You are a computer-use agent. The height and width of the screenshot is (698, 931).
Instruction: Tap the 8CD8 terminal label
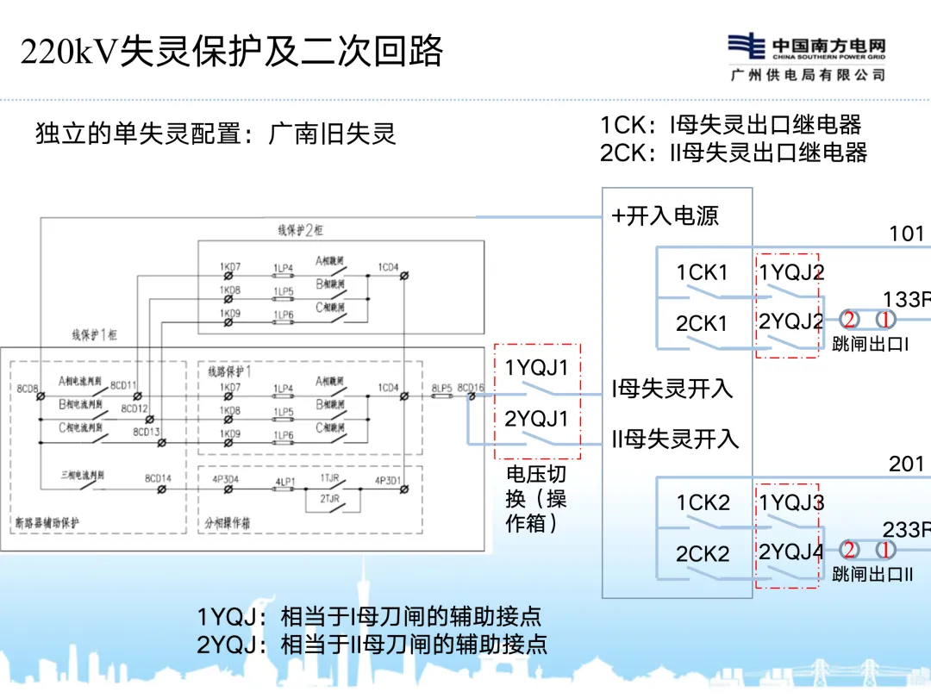[x=26, y=388]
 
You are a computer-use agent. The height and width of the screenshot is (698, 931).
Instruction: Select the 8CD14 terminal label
[x=158, y=477]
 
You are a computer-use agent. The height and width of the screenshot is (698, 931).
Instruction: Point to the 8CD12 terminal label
[x=134, y=408]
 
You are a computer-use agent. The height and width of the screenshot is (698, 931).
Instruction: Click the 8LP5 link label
[x=442, y=388]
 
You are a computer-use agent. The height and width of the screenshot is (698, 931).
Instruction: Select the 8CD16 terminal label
[x=472, y=388]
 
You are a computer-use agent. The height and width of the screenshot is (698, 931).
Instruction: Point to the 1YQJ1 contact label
[x=537, y=368]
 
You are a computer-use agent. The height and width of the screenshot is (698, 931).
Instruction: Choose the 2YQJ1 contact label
[x=537, y=419]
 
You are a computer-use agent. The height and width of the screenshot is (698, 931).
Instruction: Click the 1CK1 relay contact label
[x=702, y=273]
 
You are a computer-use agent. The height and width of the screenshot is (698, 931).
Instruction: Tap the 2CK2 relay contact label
[x=702, y=554]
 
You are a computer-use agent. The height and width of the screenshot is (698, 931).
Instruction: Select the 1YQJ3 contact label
[x=791, y=503]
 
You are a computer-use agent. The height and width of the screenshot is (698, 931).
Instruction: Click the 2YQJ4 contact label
[x=791, y=552]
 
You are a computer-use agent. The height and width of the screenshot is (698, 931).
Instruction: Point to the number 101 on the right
[x=907, y=234]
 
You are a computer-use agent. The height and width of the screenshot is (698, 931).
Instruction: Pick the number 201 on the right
[x=907, y=464]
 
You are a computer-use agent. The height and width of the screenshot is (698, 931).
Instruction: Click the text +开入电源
[x=665, y=215]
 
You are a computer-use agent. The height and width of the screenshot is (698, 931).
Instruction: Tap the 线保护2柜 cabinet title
[x=300, y=231]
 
